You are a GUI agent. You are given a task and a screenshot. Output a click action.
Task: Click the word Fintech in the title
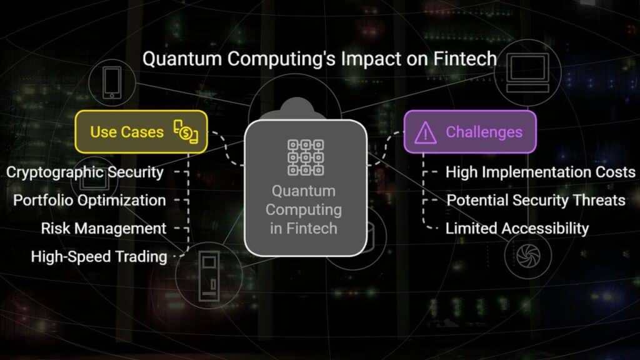465,58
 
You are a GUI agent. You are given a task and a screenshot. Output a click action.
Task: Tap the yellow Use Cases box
141,132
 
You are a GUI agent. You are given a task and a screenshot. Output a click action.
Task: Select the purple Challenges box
470,132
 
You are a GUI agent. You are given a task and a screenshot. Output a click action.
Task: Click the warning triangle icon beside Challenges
425,132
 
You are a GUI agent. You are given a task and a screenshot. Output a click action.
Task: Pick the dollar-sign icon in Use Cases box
186,132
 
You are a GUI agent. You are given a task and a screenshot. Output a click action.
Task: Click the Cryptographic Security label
85,172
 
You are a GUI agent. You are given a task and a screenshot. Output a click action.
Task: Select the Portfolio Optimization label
89,201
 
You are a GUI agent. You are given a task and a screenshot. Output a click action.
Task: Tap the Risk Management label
104,229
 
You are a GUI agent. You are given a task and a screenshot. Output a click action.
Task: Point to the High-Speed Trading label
99,257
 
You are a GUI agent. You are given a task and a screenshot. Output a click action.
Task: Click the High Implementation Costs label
541,172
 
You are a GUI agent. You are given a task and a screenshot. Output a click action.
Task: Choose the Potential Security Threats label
536,201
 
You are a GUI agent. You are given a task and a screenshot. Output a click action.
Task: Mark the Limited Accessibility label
517,229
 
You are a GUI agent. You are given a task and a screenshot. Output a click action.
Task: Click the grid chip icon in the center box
306,157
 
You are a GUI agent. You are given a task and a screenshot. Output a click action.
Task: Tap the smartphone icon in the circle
112,83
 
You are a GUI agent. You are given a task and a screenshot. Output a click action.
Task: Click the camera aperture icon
528,256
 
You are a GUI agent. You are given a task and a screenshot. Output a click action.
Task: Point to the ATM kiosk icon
209,276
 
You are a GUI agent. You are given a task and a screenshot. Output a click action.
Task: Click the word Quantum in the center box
304,191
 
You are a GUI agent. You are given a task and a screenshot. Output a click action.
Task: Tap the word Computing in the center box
304,210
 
